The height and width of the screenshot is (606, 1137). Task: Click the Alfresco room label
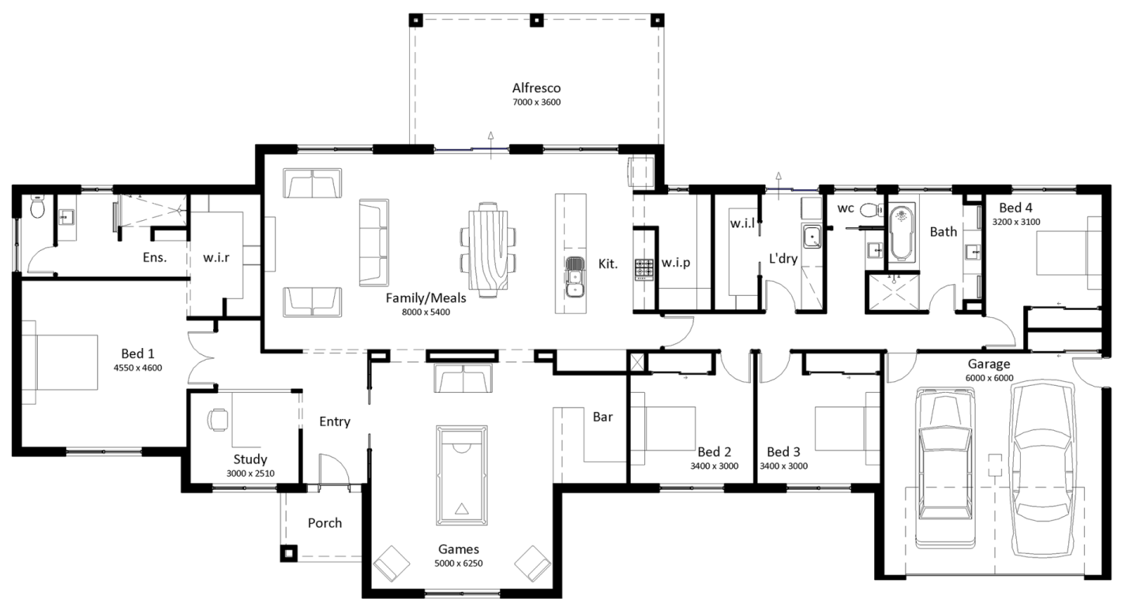536,88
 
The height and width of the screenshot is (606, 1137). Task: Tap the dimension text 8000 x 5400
426,312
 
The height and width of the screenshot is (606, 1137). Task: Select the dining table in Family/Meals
487,249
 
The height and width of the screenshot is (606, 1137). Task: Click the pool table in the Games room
461,476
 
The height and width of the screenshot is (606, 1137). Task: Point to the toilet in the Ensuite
37,207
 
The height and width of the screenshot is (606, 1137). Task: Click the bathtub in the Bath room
902,233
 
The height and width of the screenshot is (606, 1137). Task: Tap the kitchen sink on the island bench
575,277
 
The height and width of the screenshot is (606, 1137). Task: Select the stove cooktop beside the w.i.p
644,269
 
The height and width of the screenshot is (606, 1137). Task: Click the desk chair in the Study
217,420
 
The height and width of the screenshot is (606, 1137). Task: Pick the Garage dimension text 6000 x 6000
989,378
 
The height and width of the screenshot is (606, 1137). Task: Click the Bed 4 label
1015,208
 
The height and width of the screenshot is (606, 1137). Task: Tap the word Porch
325,523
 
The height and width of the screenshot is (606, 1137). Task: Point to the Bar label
602,417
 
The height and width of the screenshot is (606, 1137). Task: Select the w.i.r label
216,257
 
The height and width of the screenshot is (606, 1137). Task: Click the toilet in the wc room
872,209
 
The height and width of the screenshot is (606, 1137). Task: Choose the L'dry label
783,259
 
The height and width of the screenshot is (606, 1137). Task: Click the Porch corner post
289,553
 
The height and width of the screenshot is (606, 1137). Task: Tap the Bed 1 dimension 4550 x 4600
137,368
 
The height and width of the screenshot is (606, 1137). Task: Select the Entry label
335,421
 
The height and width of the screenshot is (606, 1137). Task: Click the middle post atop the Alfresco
537,21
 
